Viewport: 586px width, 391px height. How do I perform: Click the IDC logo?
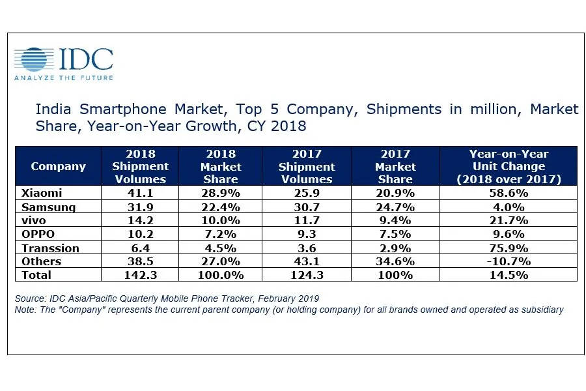[63, 60]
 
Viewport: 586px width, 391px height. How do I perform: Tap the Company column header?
[58, 166]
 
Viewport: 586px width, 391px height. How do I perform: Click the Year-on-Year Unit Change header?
[509, 166]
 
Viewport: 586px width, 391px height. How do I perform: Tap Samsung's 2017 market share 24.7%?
[395, 207]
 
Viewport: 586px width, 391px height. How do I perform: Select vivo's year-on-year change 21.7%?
[509, 221]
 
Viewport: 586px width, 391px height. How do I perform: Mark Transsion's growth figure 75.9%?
[509, 248]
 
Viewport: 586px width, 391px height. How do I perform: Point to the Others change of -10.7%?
[509, 261]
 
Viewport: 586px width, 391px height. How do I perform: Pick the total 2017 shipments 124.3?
[306, 275]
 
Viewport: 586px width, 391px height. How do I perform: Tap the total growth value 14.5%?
[509, 275]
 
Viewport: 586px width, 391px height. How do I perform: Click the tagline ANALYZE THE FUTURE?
[63, 78]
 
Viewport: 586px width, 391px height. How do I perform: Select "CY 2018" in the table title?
[277, 125]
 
